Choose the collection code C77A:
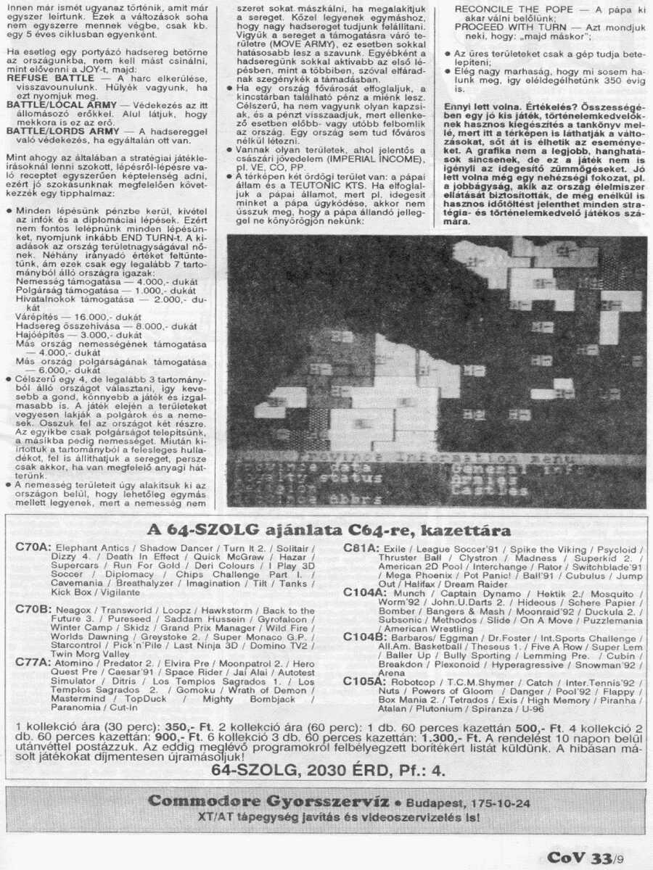(x=33, y=663)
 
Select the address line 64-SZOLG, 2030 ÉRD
(x=326, y=770)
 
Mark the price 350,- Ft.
(x=192, y=726)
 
